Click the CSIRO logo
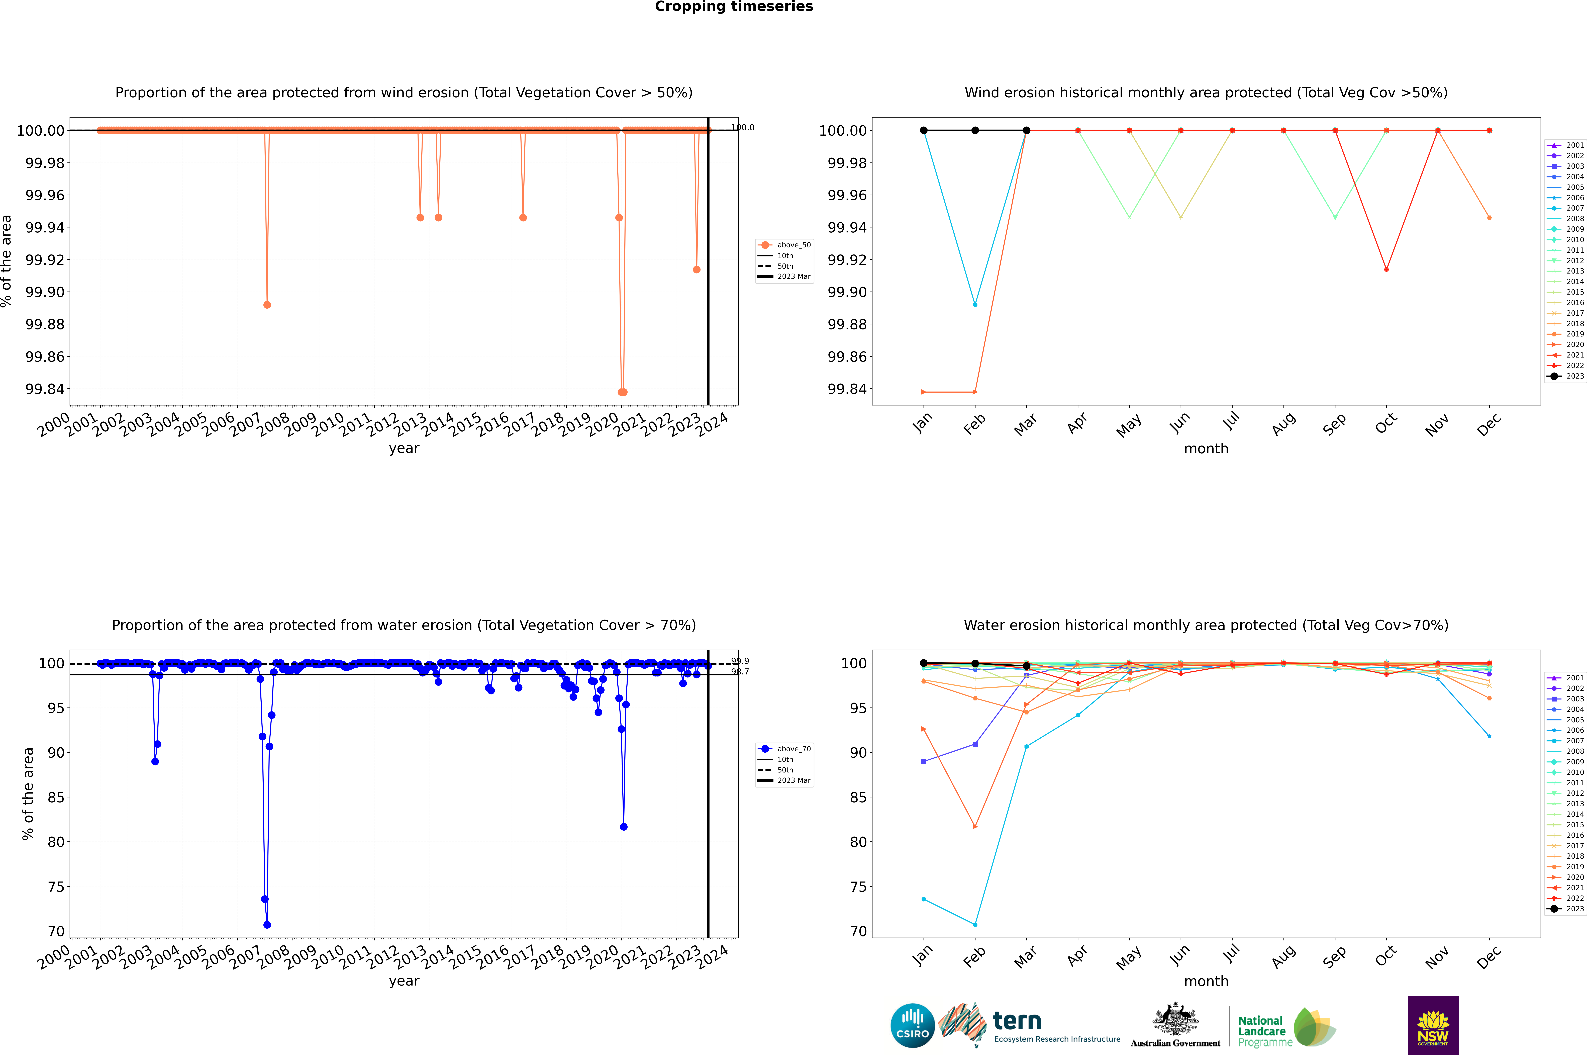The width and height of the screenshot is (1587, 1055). pos(912,1025)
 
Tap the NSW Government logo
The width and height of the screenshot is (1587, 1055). pos(1433,1025)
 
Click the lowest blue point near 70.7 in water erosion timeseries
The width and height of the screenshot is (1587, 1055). pos(267,924)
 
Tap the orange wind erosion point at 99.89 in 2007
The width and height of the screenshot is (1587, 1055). pos(267,305)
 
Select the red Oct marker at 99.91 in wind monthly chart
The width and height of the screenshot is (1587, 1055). pos(1386,270)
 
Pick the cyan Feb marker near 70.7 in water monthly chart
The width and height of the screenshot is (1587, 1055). pos(975,924)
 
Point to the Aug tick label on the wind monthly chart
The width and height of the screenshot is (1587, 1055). pos(1284,425)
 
